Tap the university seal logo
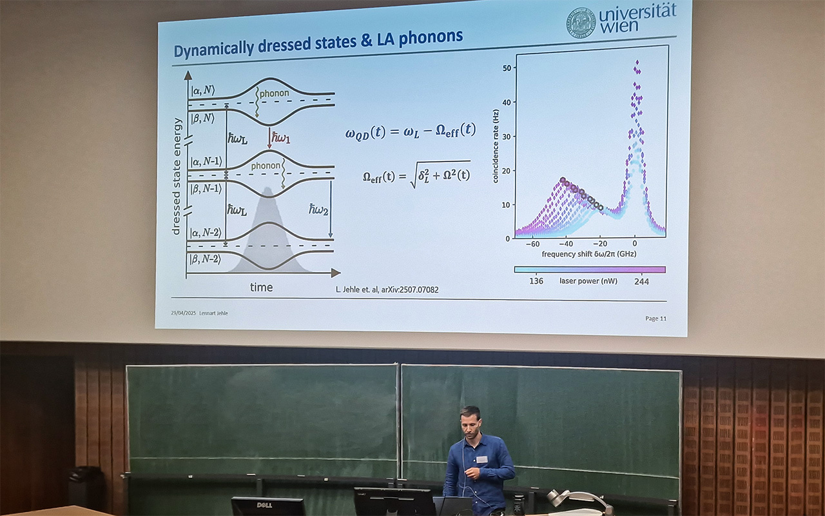581,23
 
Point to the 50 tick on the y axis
507,68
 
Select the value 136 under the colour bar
536,281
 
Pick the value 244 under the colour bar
641,281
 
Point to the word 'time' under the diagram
261,288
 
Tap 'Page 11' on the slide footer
655,318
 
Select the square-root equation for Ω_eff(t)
416,175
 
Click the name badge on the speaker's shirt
481,459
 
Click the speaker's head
470,420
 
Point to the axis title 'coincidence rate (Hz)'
496,146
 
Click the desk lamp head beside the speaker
558,498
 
